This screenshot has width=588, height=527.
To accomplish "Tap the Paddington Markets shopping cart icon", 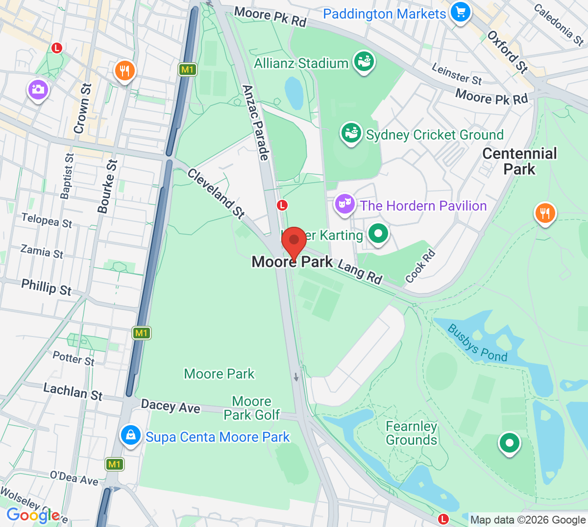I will [x=460, y=13].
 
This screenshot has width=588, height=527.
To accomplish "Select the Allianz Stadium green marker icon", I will [x=364, y=62].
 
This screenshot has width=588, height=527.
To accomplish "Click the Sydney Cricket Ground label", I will [x=435, y=135].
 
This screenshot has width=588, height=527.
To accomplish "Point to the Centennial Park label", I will [x=519, y=161].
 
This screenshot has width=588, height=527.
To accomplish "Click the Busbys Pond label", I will [x=477, y=343].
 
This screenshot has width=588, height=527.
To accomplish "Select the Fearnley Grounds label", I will [x=411, y=433].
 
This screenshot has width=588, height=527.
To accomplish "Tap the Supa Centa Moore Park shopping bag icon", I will [x=130, y=435].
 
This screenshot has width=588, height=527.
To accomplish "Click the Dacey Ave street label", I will [x=171, y=406].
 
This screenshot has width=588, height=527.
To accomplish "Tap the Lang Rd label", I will [x=360, y=272].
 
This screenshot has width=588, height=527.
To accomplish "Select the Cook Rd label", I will [x=420, y=266].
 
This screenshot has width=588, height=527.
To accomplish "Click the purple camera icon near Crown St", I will [x=38, y=90].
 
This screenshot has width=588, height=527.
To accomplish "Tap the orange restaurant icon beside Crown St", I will [x=125, y=71].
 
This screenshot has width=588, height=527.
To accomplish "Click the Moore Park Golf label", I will [x=251, y=408].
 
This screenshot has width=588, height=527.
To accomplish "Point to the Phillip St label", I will [x=46, y=287].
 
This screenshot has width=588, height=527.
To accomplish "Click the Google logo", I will [x=32, y=515].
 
